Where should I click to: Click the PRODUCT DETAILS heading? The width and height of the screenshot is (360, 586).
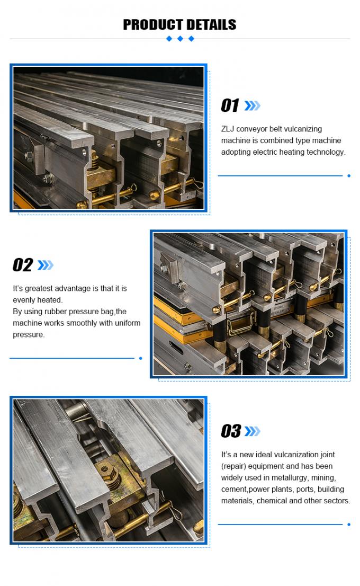coord(179,24)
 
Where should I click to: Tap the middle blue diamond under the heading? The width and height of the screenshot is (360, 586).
coord(180,39)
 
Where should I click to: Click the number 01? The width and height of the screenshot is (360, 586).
coord(230,106)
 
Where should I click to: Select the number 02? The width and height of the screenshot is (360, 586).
coord(23,265)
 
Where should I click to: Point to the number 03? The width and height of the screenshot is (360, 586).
coord(231,431)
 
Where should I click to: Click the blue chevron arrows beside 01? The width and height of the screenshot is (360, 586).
coord(253,106)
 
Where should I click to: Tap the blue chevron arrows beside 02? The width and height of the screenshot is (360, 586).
coord(46,265)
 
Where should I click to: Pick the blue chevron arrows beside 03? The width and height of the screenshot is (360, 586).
coord(253,431)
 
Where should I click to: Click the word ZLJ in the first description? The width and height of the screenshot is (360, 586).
coord(228,129)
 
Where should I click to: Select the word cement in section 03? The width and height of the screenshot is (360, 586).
coord(234,489)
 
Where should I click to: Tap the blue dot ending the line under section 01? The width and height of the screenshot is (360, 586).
coord(349,175)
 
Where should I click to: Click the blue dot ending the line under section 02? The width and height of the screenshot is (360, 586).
coord(140,358)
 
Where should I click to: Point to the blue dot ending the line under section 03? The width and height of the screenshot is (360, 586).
coord(349,525)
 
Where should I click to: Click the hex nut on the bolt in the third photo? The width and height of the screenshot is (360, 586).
coord(104,469)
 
